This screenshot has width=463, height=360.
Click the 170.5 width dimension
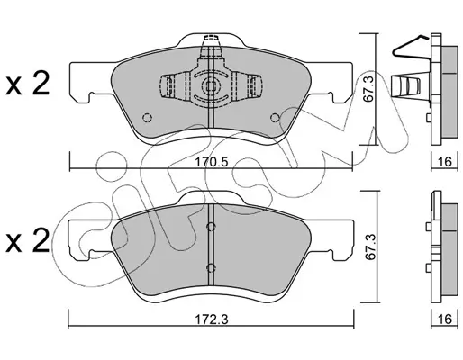coord(212,162)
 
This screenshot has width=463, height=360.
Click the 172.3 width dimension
coord(212,319)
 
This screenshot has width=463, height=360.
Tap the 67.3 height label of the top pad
coord(368,89)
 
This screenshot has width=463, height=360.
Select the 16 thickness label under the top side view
coord(445,162)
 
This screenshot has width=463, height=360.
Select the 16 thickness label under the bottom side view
coord(445,319)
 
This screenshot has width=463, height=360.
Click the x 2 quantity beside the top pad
coord(28,84)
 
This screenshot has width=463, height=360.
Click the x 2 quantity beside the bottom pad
coord(28,241)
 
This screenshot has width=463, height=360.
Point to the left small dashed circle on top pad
coord(147,118)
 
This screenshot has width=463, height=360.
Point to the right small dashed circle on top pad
coord(275,118)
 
